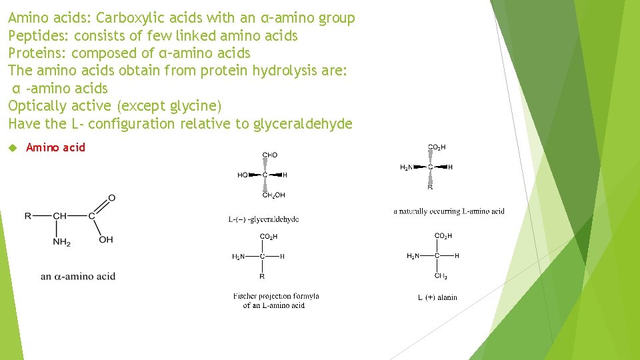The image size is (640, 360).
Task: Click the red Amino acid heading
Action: [x=56, y=147]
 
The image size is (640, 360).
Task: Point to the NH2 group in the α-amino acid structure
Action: [x=62, y=241]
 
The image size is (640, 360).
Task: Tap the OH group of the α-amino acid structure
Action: [x=106, y=239]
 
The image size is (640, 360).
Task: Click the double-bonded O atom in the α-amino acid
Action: [x=111, y=198]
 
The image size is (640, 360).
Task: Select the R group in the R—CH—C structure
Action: [x=28, y=216]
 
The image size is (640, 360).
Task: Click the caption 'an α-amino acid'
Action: [x=78, y=276]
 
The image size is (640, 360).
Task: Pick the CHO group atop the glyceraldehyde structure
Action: [x=270, y=155]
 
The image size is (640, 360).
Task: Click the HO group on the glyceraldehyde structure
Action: [x=243, y=175]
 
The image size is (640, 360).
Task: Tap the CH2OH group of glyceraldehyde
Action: [x=273, y=195]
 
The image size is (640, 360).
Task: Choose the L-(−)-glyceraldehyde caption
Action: [x=263, y=219]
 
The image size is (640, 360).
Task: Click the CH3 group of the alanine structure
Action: [x=441, y=275]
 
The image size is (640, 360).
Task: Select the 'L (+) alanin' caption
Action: [x=437, y=297]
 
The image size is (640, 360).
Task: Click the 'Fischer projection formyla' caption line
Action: [x=276, y=296]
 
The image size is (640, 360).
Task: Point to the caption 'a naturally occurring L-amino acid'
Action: [x=449, y=211]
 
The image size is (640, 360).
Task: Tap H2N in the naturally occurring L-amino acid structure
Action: [x=406, y=167]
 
